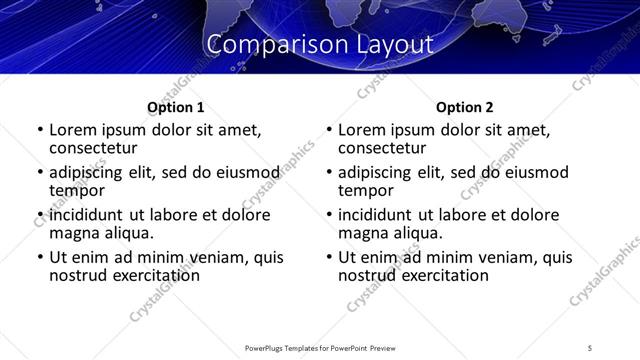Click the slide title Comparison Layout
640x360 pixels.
click(320, 45)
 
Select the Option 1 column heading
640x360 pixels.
click(175, 107)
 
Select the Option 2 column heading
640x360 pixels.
click(464, 107)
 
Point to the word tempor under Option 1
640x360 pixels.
click(77, 190)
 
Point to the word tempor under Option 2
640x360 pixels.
click(366, 190)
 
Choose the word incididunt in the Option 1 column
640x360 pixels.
click(86, 215)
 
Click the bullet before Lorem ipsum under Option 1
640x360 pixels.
click(40, 131)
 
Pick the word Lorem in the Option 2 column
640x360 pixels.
click(361, 130)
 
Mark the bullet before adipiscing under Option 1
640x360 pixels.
click(40, 173)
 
